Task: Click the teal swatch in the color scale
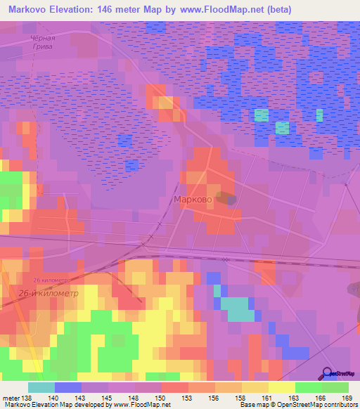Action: [x=41, y=387]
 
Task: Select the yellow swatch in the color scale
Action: [x=281, y=387]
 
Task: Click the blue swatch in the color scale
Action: [x=68, y=387]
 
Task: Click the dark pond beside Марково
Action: [x=227, y=199]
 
